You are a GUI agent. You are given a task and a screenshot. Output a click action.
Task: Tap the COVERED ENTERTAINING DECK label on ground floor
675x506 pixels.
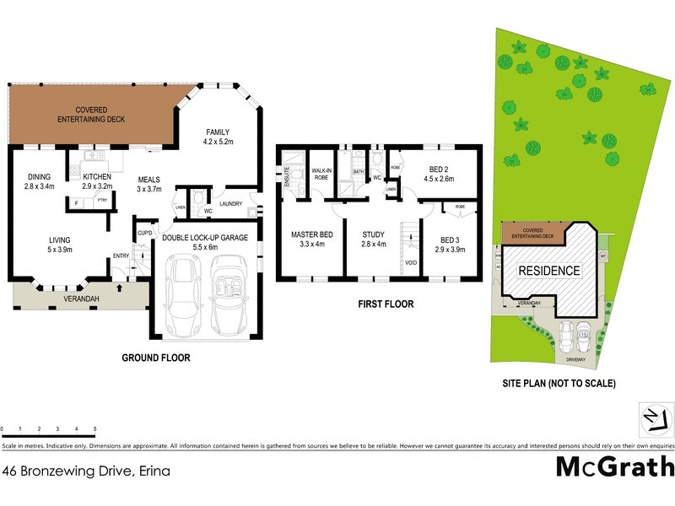pyautogui.click(x=91, y=116)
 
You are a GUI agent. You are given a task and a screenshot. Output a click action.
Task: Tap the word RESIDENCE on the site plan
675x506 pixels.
pyautogui.click(x=548, y=271)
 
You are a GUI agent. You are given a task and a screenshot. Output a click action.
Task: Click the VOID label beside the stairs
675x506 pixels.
pyautogui.click(x=411, y=262)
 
